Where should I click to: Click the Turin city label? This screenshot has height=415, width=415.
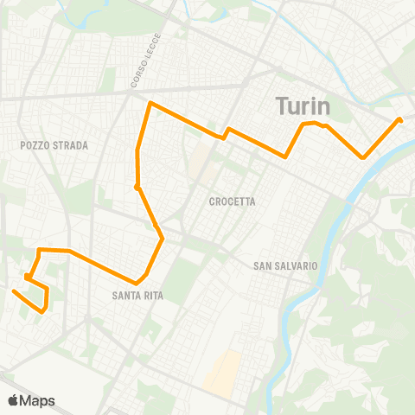coord(303,106)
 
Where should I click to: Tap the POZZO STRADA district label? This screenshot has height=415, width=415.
coord(54,145)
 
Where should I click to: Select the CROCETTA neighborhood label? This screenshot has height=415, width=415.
coord(233,201)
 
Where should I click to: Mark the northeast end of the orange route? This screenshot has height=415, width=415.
coord(399,119)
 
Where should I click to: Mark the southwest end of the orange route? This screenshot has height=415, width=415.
coord(13,291)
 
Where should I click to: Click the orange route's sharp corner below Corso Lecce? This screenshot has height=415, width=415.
coord(150,104)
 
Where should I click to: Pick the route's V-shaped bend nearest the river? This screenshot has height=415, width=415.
coord(364,157)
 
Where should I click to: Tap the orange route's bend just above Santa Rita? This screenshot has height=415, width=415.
coord(137,283)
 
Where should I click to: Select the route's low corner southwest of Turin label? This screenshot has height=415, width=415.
coord(285,156)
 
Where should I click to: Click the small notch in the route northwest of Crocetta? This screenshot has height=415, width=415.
coord(226,132)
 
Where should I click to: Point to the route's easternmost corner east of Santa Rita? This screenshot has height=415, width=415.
coord(163,239)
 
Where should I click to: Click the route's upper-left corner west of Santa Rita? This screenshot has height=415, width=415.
coord(39,250)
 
